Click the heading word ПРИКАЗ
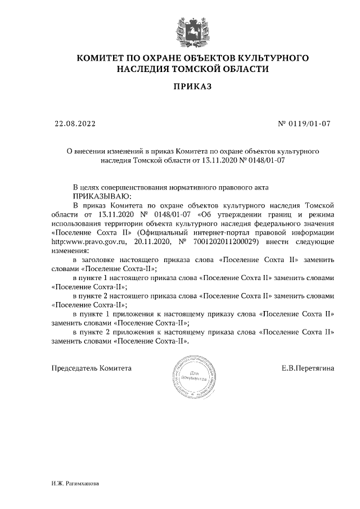pos(193,87)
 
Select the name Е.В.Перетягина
pos(308,368)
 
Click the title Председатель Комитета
pos(91,368)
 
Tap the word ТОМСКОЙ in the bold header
pos(188,69)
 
